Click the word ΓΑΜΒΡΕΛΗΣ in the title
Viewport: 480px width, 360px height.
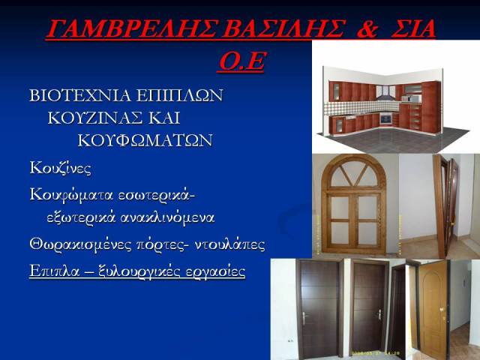click(x=133, y=28)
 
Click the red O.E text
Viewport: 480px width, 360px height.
click(x=242, y=61)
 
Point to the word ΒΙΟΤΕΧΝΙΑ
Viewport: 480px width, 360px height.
click(x=80, y=95)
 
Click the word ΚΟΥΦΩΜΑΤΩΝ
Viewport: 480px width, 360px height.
click(x=145, y=140)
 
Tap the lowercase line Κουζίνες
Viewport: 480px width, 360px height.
click(x=60, y=168)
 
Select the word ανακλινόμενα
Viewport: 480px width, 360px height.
click(x=167, y=218)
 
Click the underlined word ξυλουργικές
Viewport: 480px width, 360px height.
click(x=140, y=271)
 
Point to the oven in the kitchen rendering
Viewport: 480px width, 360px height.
click(x=385, y=118)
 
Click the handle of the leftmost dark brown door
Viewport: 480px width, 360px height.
click(x=304, y=317)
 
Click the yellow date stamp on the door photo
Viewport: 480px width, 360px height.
click(x=376, y=353)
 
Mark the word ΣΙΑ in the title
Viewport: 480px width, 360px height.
click(x=413, y=28)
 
